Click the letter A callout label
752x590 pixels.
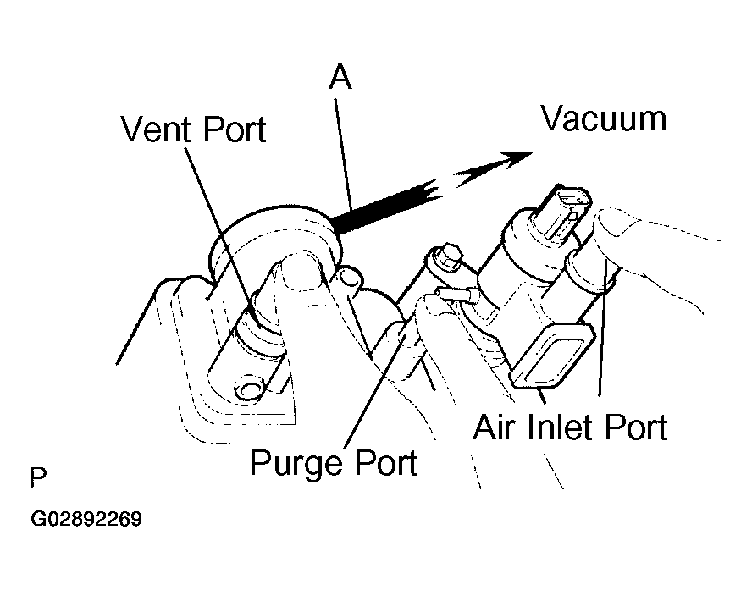click(340, 77)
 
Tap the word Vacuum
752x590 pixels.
click(604, 119)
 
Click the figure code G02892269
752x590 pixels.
click(86, 519)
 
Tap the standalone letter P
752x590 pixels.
click(38, 477)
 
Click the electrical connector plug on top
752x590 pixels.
click(567, 212)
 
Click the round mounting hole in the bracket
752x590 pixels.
click(248, 389)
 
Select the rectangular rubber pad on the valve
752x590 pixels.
click(552, 354)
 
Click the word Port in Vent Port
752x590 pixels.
click(234, 130)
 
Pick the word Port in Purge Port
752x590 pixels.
click(386, 462)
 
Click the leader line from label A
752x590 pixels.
click(343, 154)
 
